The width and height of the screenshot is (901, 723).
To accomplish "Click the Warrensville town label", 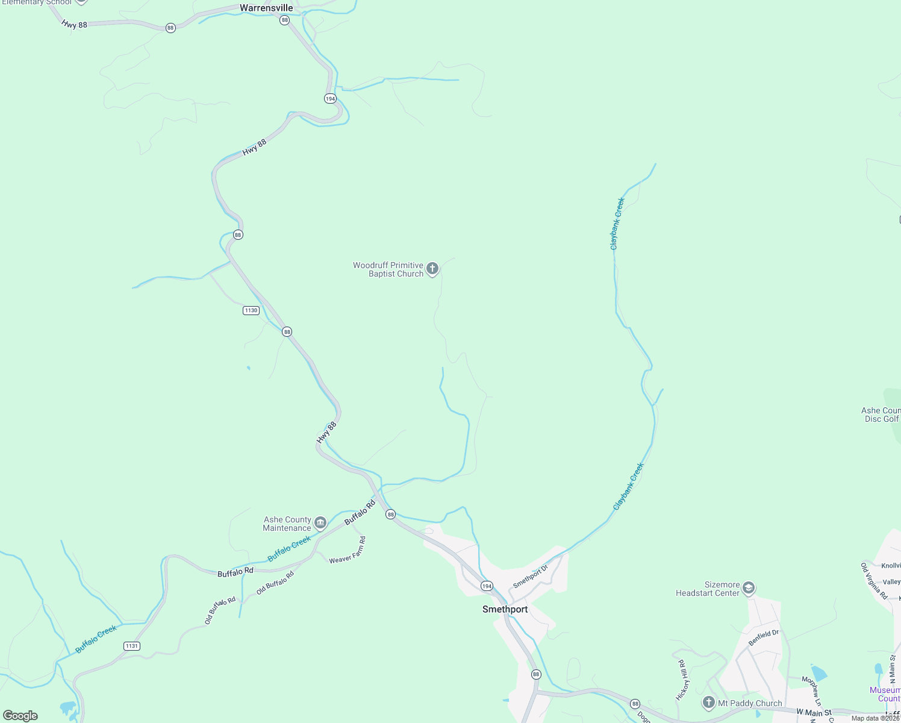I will pos(266,8).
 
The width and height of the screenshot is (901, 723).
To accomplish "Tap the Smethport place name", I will pos(505,609).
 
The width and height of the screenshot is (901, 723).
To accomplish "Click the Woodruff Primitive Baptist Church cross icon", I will pos(432,269).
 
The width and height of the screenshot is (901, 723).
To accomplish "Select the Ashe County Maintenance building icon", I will pos(320,522).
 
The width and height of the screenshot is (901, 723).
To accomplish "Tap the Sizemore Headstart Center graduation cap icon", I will pos(749,588).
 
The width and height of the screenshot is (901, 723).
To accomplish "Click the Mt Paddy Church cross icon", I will pos(709,703).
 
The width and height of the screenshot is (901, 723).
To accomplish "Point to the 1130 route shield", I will pos(251,310).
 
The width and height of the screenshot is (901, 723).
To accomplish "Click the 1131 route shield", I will pos(131,646).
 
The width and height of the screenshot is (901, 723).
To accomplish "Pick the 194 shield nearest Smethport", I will pos(487,586).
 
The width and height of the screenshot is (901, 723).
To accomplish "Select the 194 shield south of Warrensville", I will pos(330,99).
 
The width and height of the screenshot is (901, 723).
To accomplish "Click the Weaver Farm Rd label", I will pos(348,551).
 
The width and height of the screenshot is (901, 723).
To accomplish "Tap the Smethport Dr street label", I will pos(531,577).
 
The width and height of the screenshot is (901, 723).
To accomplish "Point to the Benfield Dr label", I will pos(764,638).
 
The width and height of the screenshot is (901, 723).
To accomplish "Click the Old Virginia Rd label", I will pos(874,581).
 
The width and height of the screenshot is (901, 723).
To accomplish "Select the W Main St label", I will pos(814,713).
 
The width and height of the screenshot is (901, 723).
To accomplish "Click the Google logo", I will pos(20,716).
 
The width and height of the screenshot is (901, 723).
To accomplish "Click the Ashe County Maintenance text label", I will pos(287,524).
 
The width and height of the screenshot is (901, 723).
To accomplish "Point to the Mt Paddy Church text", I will pos(750,703).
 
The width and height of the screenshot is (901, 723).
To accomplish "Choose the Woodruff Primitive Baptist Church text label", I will pos(388,269).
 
